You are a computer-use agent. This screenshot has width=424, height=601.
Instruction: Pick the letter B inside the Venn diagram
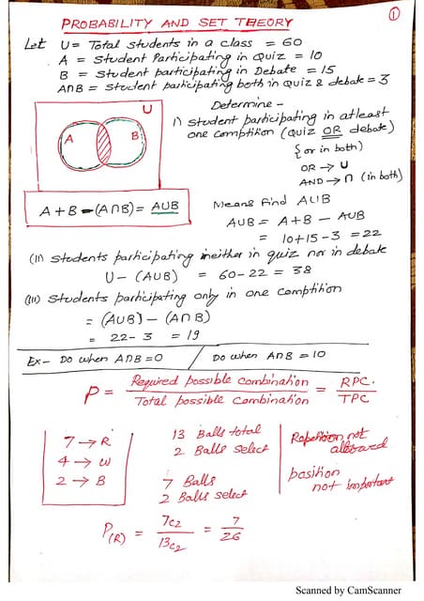[135, 136]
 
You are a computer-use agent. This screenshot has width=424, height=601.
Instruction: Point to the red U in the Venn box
[146, 110]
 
